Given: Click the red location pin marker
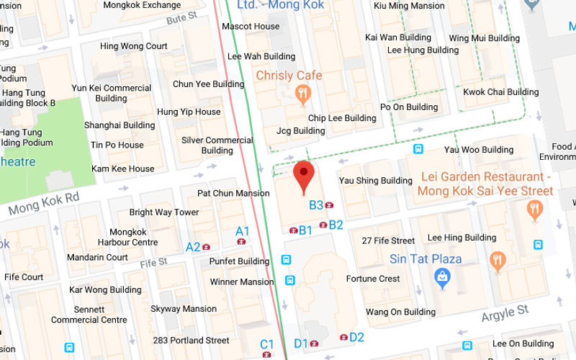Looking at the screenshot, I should point(305,175).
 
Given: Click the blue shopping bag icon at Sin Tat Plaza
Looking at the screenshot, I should point(442,275).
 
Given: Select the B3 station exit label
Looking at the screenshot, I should point(316,205).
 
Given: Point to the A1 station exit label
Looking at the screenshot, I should point(243,231).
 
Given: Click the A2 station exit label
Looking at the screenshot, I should point(193,247).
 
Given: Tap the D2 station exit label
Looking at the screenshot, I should point(356,337).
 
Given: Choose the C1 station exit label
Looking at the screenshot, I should point(267,344).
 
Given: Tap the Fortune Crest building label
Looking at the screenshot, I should point(373,279).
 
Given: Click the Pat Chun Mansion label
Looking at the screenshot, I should point(233,193).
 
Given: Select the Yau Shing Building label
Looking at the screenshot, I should point(376,181).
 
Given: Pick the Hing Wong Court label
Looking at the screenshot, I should point(133,46).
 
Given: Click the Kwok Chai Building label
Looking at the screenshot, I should point(500,92).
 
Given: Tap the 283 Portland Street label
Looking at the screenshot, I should point(190,341).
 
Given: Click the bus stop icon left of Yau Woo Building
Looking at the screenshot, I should point(418,149).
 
